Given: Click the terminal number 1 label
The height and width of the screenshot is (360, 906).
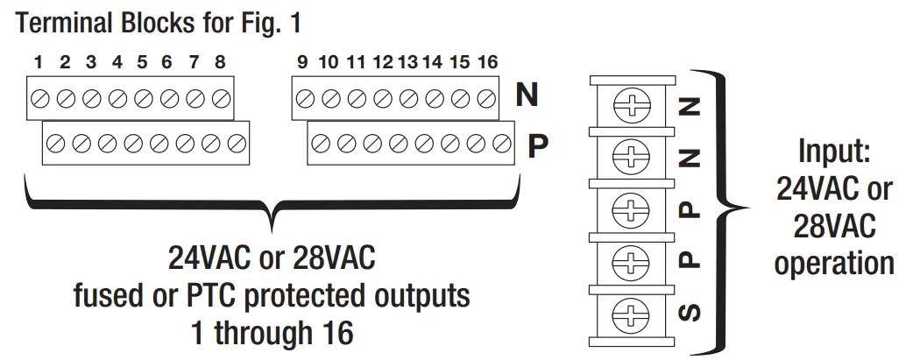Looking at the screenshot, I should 39,63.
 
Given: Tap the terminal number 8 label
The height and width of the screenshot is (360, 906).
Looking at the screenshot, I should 219,63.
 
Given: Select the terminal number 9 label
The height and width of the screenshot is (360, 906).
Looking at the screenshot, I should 302,63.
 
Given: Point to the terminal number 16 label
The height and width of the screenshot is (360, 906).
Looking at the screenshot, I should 487,63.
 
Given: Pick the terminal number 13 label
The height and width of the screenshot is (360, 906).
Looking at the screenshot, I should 407,63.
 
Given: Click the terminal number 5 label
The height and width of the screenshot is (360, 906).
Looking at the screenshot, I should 142,63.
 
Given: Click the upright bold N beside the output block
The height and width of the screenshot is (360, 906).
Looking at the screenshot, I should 527,95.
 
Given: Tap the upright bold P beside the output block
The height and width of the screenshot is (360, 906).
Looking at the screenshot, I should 537,144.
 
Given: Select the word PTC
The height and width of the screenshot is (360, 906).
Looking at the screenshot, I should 258,295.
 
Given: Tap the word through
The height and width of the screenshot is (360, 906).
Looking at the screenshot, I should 271,333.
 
